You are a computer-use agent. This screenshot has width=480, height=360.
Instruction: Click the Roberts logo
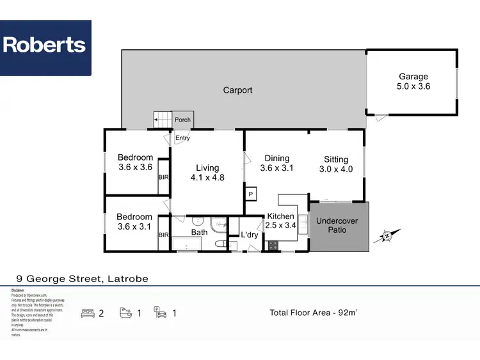(45, 45)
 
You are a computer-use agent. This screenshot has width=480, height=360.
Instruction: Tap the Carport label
(237, 90)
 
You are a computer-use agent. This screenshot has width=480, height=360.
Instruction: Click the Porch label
(183, 120)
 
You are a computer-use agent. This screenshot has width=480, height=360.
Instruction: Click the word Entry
(182, 138)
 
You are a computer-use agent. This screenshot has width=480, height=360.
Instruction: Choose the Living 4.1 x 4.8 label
(207, 173)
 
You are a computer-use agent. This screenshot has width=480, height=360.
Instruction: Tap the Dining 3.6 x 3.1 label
(276, 164)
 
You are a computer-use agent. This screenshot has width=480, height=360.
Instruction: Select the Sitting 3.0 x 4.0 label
(335, 164)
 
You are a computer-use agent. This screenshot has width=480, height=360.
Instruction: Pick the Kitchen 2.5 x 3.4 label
(281, 221)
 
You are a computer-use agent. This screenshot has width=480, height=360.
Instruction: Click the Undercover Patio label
(337, 225)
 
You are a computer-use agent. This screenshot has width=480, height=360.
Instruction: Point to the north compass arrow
(388, 235)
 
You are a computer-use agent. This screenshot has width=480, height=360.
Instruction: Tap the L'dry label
(249, 235)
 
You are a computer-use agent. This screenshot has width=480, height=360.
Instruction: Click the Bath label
(199, 232)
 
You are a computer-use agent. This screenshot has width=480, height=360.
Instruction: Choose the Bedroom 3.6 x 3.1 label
(135, 222)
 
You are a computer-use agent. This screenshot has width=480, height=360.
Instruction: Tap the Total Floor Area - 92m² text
(314, 313)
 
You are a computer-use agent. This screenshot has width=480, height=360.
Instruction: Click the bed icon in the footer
(88, 313)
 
